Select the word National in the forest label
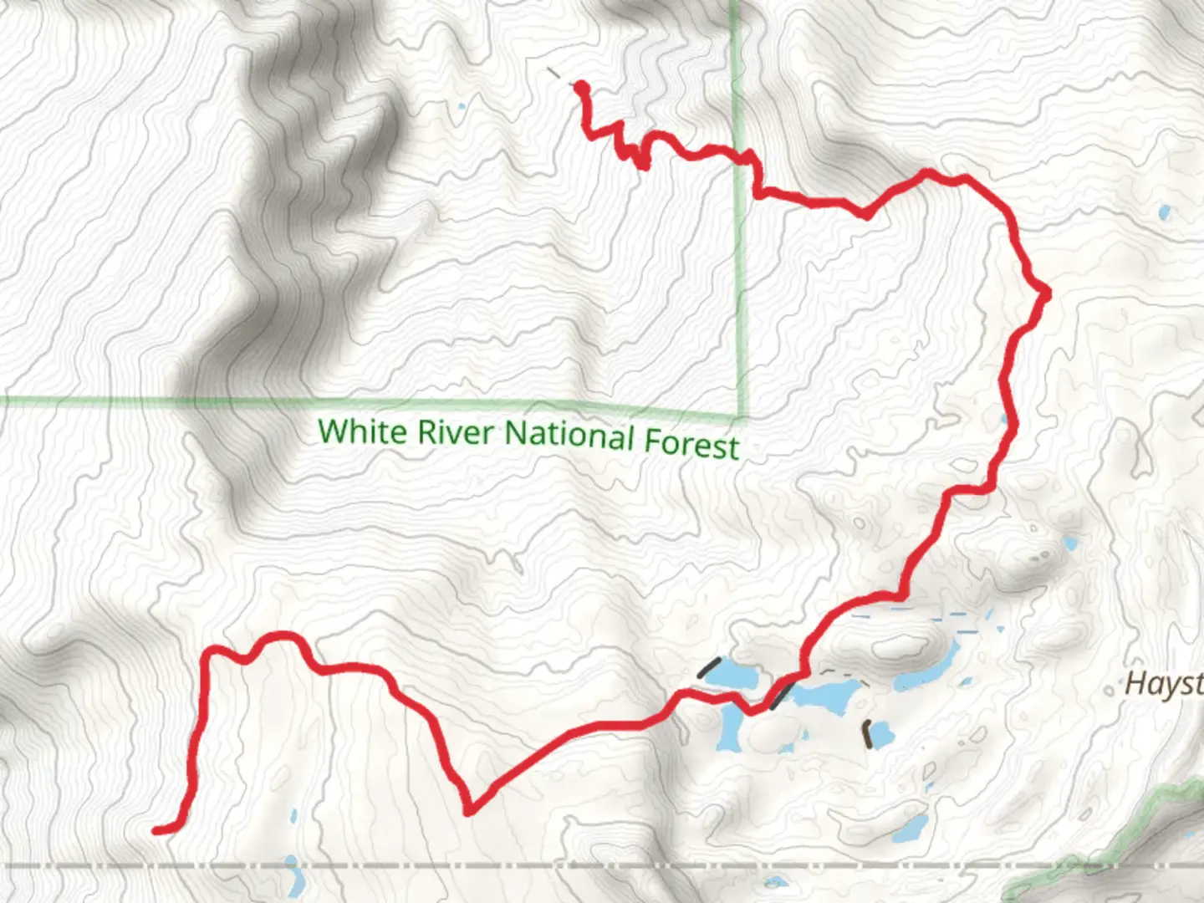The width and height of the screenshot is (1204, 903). pyautogui.click(x=569, y=436)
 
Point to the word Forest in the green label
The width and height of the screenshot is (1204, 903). pyautogui.click(x=691, y=443)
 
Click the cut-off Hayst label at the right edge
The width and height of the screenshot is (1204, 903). pyautogui.click(x=1163, y=683)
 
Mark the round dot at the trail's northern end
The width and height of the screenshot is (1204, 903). pyautogui.click(x=579, y=86)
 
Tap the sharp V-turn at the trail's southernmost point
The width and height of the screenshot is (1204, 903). pyautogui.click(x=469, y=809)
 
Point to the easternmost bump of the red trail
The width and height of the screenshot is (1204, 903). pyautogui.click(x=1044, y=293)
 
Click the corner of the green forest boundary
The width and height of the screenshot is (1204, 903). pyautogui.click(x=741, y=416)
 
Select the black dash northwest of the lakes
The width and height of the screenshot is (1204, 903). pyautogui.click(x=708, y=667)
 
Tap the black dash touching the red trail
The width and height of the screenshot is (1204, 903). pyautogui.click(x=782, y=695)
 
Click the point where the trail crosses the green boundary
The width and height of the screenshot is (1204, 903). pyautogui.click(x=739, y=155)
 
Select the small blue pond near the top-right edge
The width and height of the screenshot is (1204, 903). pyautogui.click(x=1165, y=212)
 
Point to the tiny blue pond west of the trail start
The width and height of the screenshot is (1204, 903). pyautogui.click(x=462, y=106)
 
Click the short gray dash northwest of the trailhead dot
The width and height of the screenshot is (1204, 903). pyautogui.click(x=553, y=74)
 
